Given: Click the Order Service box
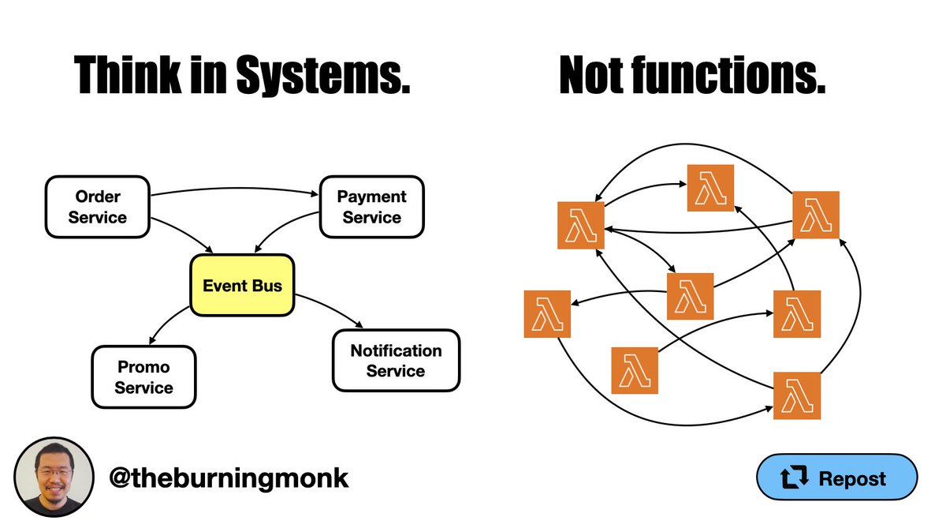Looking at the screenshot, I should pyautogui.click(x=98, y=207).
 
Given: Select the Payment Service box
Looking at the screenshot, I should pyautogui.click(x=371, y=207).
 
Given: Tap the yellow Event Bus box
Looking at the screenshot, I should pyautogui.click(x=242, y=286).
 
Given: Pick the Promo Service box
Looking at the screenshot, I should pyautogui.click(x=143, y=377).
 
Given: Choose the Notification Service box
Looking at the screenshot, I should pyautogui.click(x=396, y=361).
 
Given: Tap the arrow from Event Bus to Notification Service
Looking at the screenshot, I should pyautogui.click(x=331, y=309).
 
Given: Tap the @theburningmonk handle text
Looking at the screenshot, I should pyautogui.click(x=229, y=478).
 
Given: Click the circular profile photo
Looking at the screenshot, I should pyautogui.click(x=54, y=477).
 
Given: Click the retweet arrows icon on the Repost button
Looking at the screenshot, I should pyautogui.click(x=795, y=478).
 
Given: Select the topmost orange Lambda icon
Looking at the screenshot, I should pyautogui.click(x=710, y=188).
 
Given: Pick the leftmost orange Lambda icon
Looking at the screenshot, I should pyautogui.click(x=547, y=314).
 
